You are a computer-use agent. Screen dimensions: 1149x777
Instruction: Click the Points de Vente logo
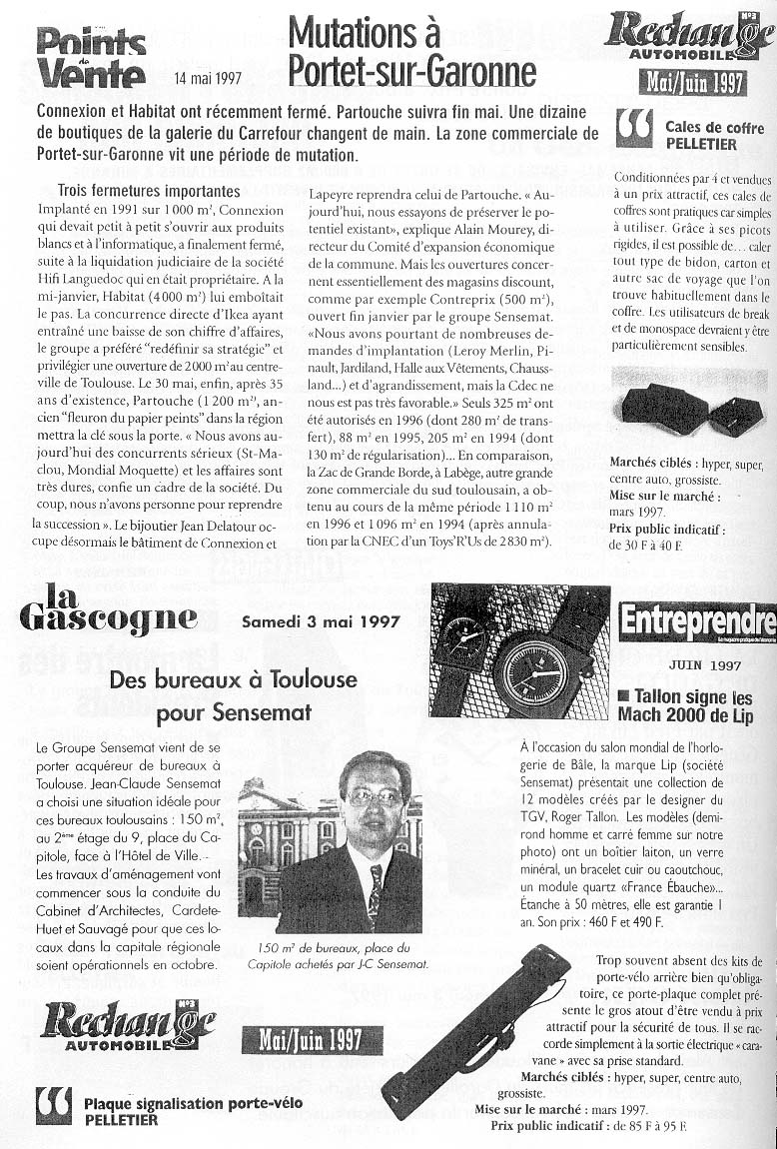[91, 57]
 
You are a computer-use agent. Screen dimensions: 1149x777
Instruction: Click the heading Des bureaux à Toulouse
[233, 680]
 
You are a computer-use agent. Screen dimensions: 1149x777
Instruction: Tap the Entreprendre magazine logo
[697, 621]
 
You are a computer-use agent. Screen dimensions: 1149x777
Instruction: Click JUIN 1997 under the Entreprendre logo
[704, 664]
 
